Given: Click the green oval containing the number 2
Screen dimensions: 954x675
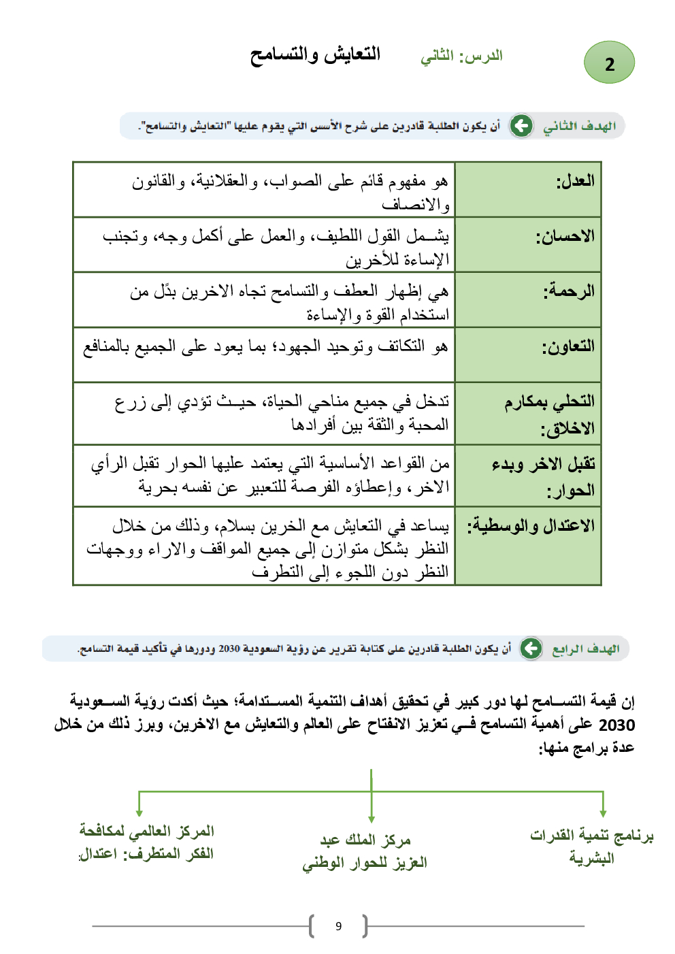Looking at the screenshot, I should click(609, 63).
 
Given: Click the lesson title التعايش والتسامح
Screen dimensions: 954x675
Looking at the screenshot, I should click(315, 54).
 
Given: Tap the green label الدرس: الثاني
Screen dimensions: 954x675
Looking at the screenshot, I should click(461, 56).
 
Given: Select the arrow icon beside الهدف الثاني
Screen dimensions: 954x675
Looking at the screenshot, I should click(521, 126).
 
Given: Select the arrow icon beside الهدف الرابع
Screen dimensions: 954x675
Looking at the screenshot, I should click(531, 648).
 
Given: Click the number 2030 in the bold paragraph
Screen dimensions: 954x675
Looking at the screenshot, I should click(616, 725).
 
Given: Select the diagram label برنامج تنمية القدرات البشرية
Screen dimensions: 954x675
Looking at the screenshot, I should click(591, 846).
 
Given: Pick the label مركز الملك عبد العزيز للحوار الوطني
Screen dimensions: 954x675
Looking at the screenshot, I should click(365, 851).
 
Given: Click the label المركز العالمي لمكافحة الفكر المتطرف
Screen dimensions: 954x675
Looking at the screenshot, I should click(146, 842).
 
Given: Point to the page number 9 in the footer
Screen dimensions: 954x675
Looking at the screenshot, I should click(338, 926).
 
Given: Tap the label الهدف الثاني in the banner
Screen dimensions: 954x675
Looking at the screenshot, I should click(579, 126).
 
